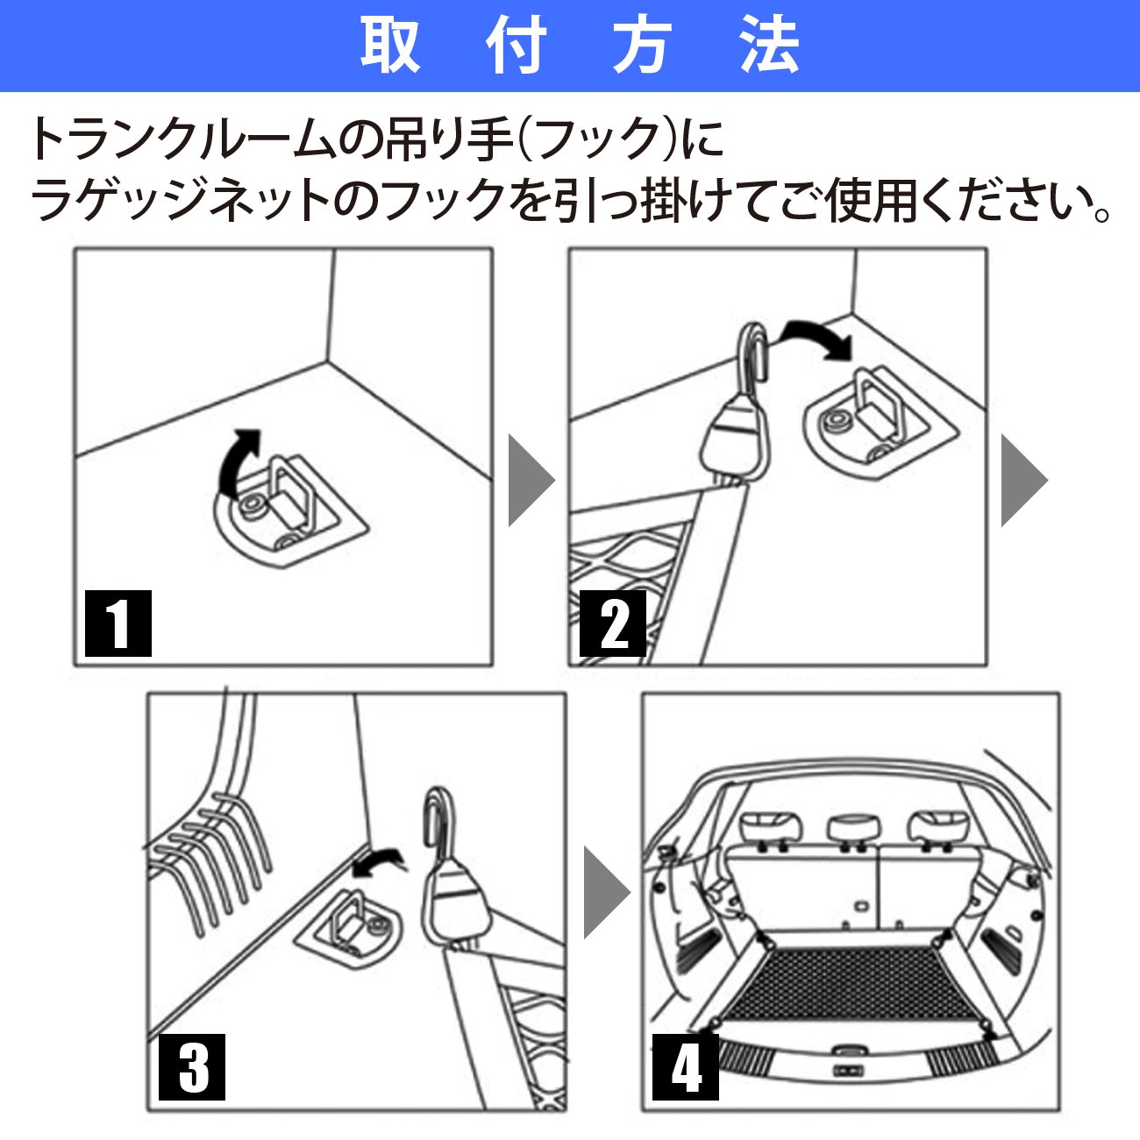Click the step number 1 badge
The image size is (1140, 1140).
[118, 623]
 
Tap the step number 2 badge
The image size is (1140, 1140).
[612, 623]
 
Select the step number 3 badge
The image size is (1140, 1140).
[191, 1067]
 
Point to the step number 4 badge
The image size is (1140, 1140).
[685, 1067]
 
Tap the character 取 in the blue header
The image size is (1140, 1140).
[390, 46]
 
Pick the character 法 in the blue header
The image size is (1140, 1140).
[769, 46]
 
